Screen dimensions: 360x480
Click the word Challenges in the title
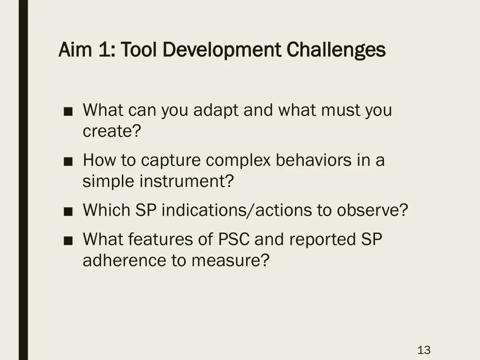tap(336, 49)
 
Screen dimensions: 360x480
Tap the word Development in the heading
tap(223, 49)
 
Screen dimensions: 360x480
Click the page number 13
tap(424, 350)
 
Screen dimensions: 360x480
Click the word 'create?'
tap(112, 132)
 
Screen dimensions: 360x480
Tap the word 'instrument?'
tap(186, 181)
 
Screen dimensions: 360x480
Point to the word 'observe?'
tap(372, 210)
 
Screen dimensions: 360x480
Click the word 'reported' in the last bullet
tap(322, 240)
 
